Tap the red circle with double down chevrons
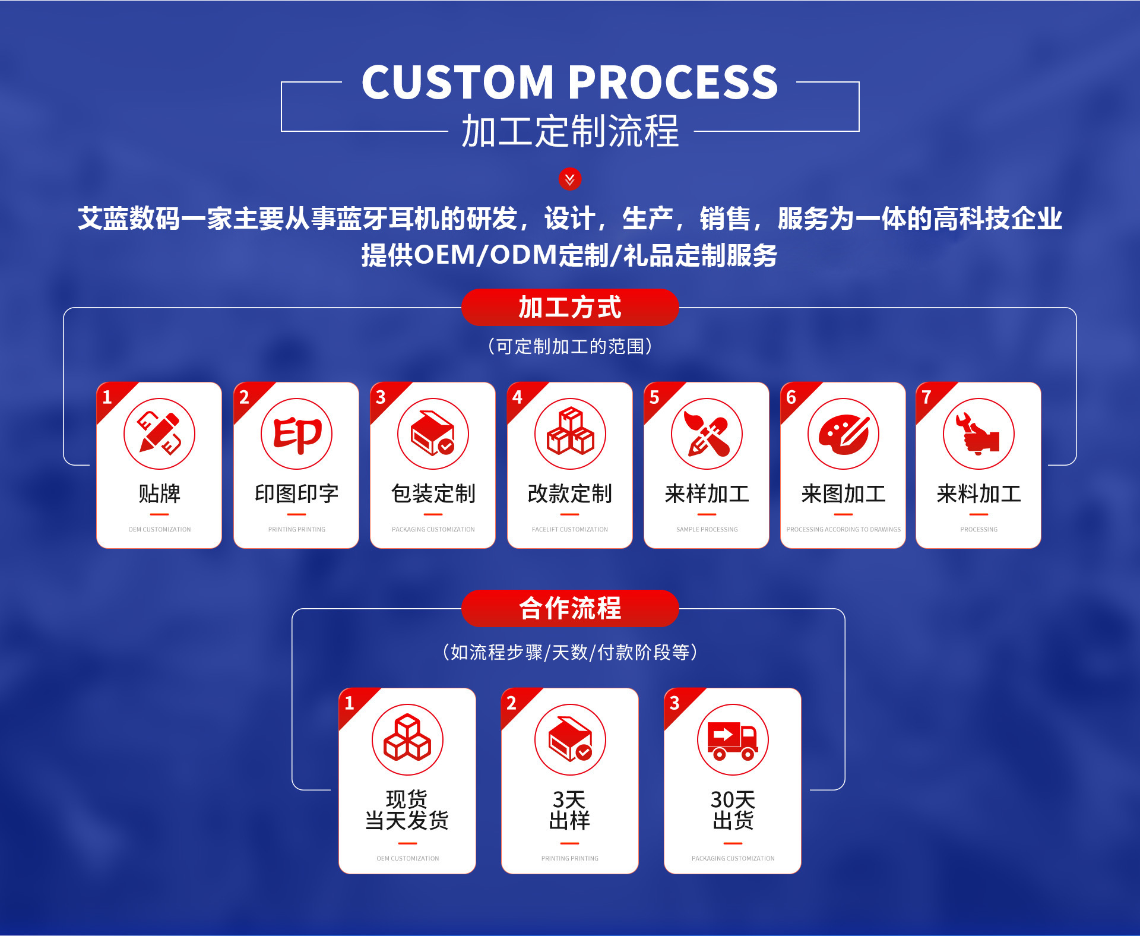[570, 179]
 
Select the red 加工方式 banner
[570, 308]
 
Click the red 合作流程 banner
[570, 608]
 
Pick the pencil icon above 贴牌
[159, 434]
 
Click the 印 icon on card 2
[296, 434]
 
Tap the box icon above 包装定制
[433, 434]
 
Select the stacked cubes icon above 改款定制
[570, 434]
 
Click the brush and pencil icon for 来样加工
[707, 434]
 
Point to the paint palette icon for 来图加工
[843, 434]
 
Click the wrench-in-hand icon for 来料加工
[978, 434]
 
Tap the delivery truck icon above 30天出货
[733, 739]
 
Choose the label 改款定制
[570, 494]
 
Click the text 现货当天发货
[407, 809]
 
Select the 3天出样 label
[570, 809]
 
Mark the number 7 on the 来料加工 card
[927, 397]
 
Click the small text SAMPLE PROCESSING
[707, 529]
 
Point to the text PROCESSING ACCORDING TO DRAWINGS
[843, 529]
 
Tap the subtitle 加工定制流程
[570, 131]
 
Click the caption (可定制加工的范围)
[570, 346]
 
